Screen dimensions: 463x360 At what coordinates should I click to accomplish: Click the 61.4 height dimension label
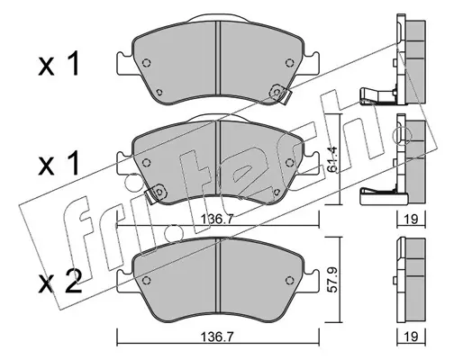[332, 159]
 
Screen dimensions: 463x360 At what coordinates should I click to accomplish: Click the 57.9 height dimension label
[332, 281]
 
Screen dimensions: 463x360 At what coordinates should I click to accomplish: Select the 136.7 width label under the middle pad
[216, 219]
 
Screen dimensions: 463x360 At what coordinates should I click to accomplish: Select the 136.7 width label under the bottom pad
[216, 337]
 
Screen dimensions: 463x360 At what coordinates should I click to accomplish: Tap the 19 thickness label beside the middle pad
[411, 220]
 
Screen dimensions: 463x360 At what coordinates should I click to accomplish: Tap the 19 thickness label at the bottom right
[411, 337]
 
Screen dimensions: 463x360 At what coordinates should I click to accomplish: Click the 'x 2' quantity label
[60, 281]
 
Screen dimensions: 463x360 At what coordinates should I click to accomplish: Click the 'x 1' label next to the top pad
[59, 63]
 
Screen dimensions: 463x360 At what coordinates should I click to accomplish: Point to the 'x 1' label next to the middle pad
[59, 163]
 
